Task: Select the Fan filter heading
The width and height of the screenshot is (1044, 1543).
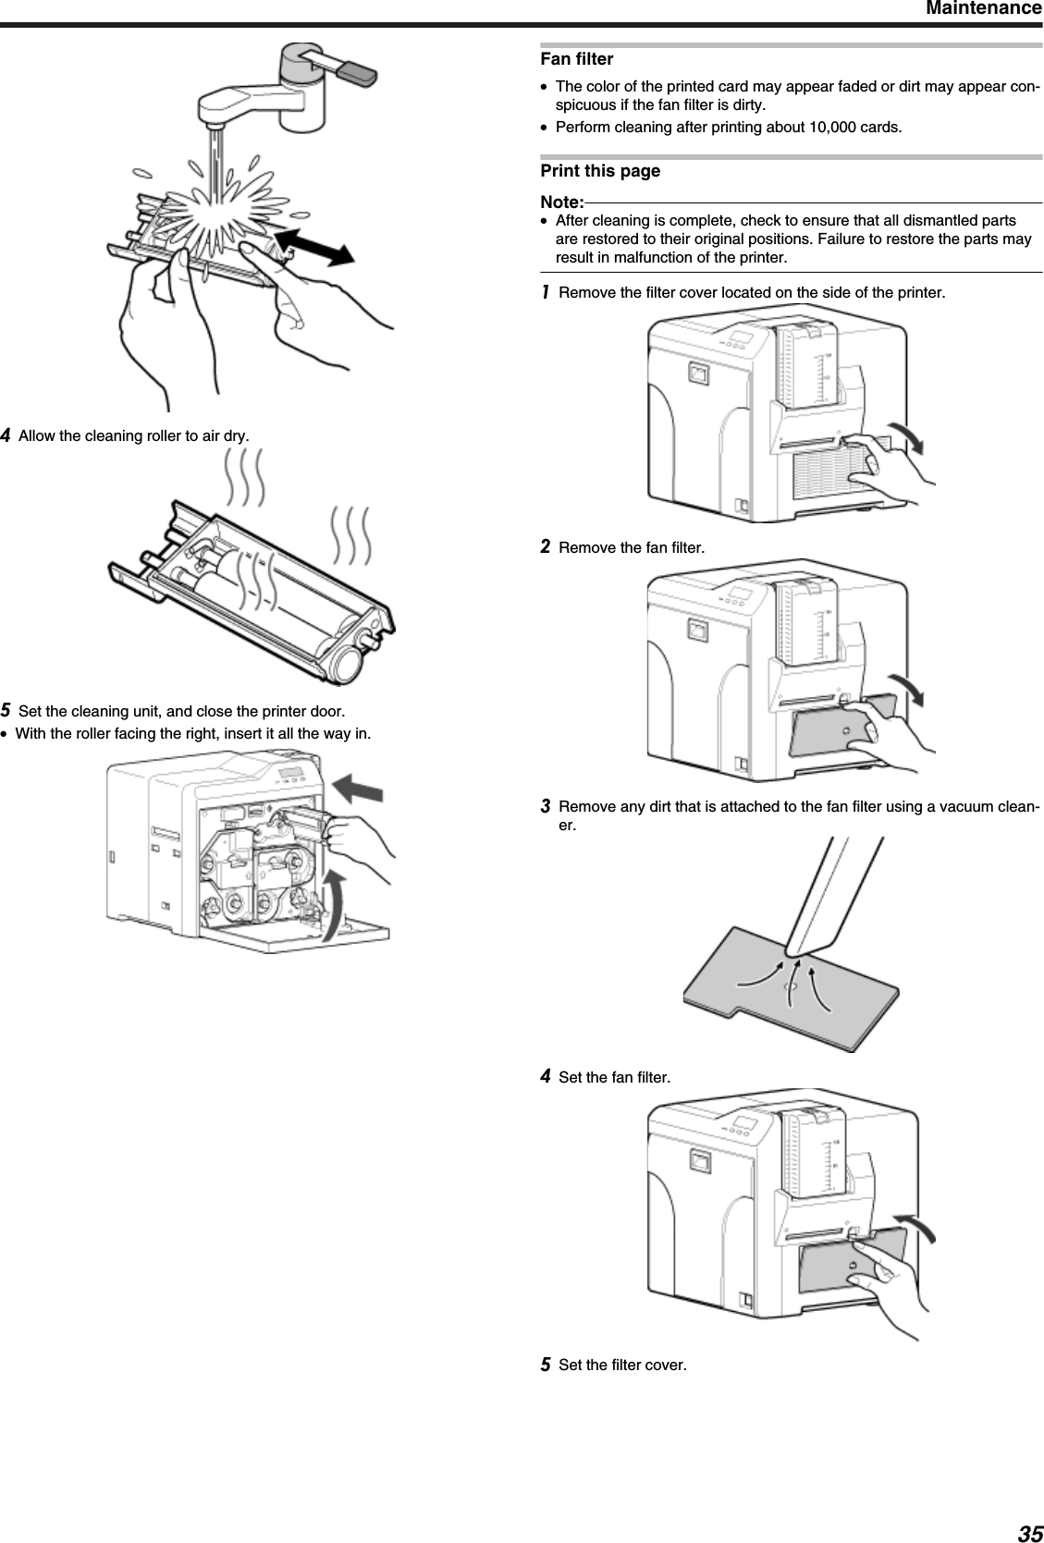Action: (576, 59)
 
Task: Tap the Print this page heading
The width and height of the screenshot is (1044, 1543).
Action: (600, 171)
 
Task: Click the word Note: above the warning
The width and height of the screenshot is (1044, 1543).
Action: (561, 202)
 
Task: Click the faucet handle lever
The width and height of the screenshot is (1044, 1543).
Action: (347, 68)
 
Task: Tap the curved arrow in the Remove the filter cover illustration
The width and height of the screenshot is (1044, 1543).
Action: (909, 435)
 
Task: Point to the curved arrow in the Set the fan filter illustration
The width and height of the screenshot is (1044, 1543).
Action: (920, 1231)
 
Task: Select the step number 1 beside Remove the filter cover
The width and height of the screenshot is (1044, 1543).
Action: (547, 293)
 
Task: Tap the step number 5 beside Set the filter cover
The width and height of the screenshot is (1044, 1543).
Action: (547, 1365)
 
